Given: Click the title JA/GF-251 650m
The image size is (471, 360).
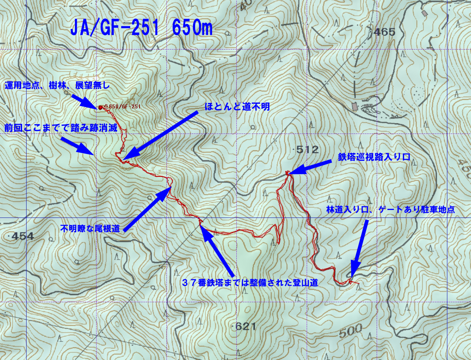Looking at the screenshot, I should pos(141,28).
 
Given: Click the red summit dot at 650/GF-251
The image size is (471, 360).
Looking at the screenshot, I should pos(100,107).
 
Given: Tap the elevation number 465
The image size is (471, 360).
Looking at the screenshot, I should pos(384,32).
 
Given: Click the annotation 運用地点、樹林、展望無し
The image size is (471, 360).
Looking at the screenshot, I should pos(57,85).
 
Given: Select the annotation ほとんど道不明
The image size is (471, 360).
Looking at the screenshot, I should pos(237,107).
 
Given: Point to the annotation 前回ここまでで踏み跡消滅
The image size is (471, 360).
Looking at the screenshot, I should pos(61,128).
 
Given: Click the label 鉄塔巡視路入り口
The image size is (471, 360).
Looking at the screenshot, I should pos(374,157).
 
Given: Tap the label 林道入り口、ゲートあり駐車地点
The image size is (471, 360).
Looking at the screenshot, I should pos(390,210).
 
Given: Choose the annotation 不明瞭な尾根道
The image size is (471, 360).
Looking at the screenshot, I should pos(90,228).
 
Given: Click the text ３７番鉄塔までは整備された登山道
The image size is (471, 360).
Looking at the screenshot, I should pos(250,282).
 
